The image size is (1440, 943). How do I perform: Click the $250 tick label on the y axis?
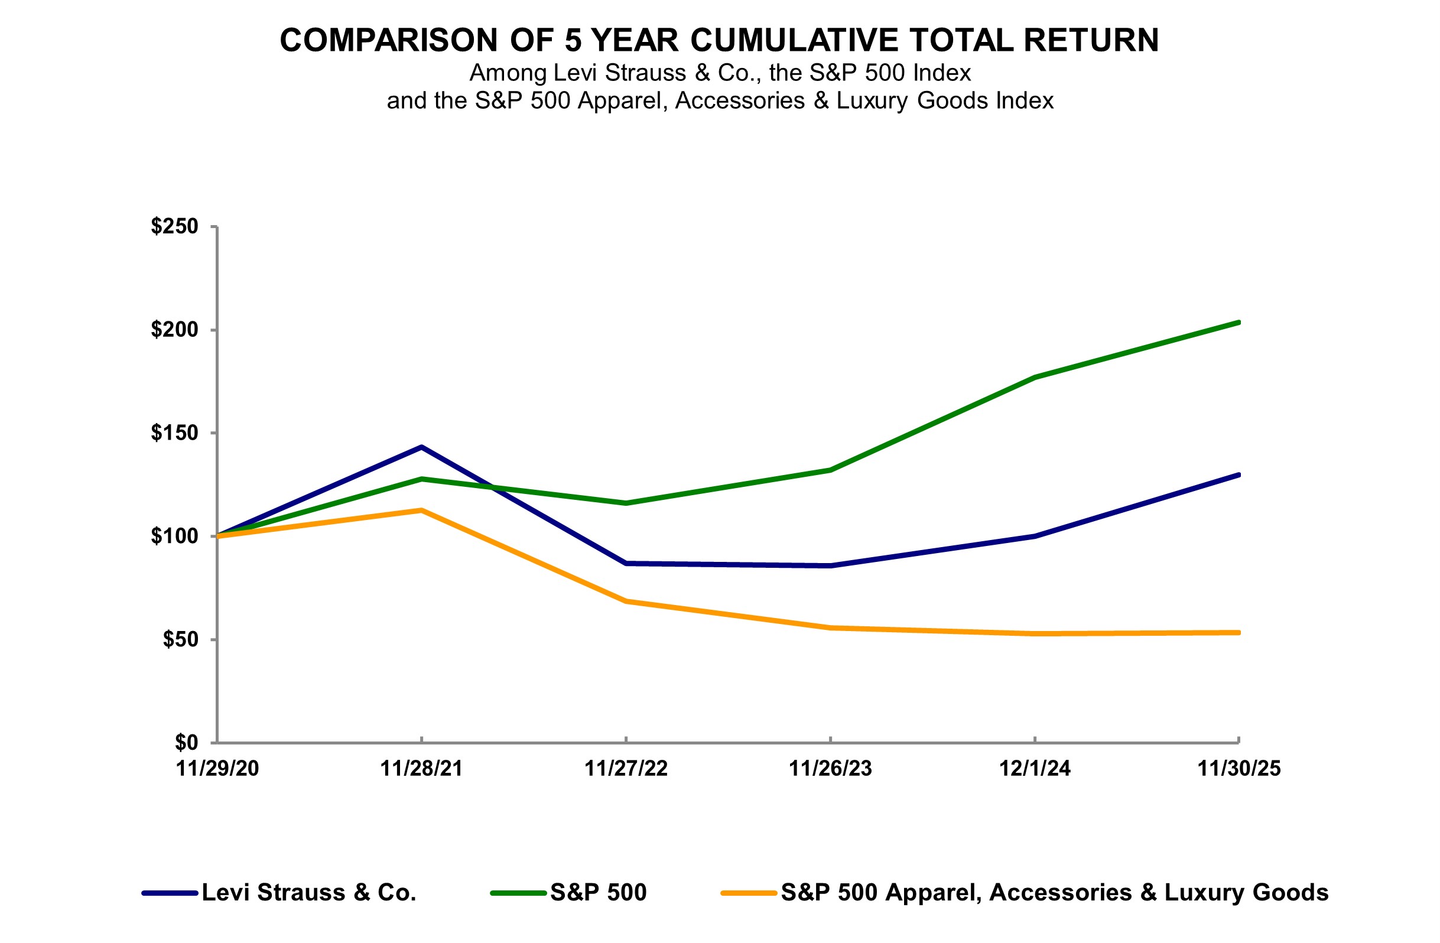[x=174, y=226]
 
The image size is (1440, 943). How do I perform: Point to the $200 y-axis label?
[x=174, y=330]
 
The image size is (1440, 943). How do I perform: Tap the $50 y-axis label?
[x=180, y=639]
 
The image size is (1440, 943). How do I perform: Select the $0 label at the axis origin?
[x=186, y=742]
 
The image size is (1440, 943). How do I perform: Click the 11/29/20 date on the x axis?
[x=217, y=769]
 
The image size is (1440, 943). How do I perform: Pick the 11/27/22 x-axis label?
[x=626, y=769]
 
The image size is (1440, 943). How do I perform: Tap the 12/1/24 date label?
[x=1035, y=769]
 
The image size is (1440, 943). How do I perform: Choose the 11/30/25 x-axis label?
[x=1239, y=769]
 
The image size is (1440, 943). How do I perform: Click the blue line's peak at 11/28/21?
[x=422, y=447]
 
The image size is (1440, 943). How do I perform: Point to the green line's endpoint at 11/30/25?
[x=1239, y=323]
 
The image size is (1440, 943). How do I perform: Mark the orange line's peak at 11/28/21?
[x=422, y=510]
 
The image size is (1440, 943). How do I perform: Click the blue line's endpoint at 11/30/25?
[x=1239, y=475]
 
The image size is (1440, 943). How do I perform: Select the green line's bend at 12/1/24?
[x=1035, y=378]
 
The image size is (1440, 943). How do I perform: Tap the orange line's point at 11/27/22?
[x=626, y=601]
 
